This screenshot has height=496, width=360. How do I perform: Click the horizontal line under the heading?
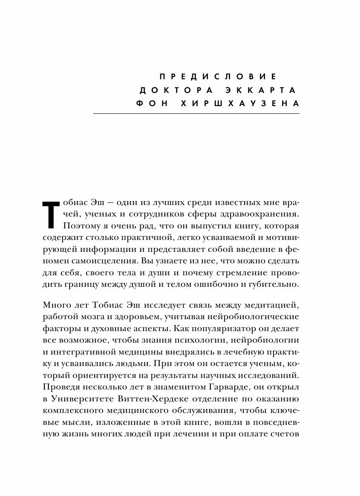pos(196,114)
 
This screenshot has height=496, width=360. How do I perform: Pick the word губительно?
pos(277,284)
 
